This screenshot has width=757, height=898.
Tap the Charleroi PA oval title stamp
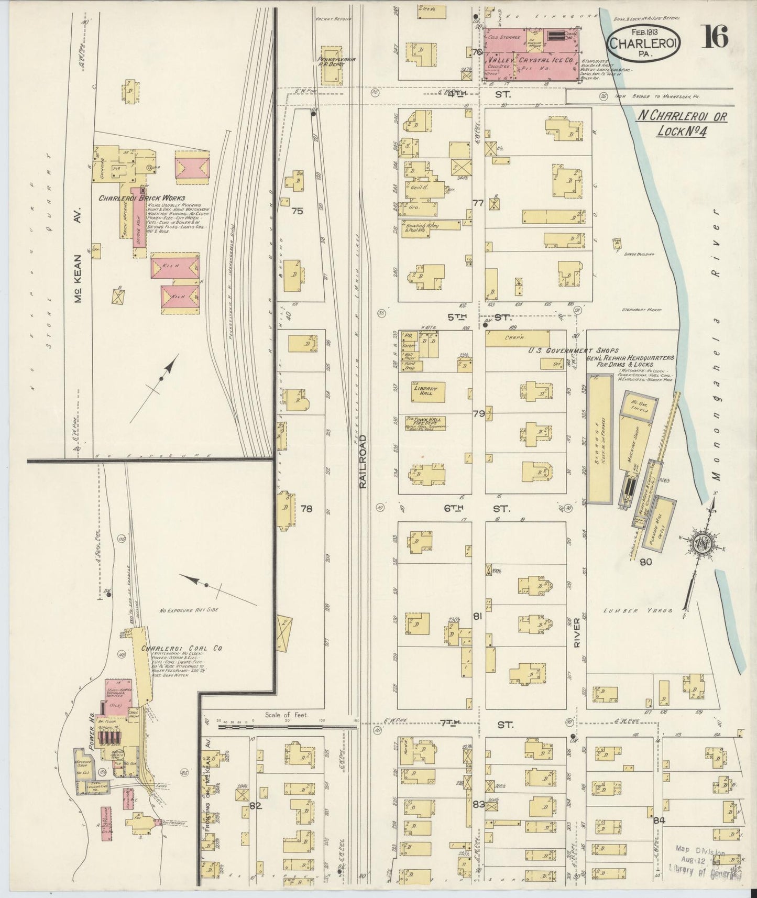(644, 41)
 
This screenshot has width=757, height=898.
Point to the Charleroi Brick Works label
(132, 199)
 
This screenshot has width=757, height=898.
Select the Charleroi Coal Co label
(182, 648)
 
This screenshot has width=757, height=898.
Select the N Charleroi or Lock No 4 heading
(682, 124)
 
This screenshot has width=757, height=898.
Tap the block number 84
(659, 820)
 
